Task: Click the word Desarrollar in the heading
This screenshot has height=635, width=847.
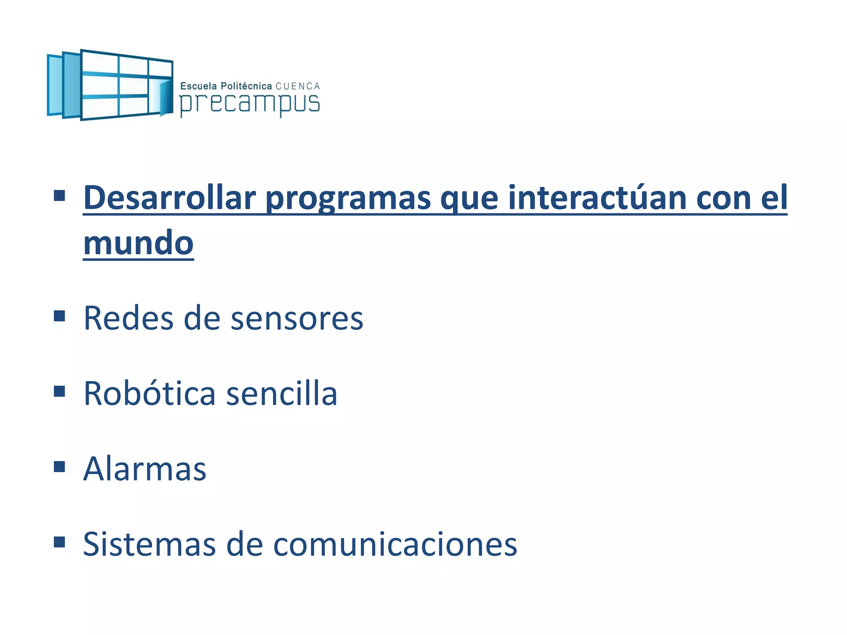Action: [x=170, y=198]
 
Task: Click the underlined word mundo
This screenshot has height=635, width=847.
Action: [x=138, y=244]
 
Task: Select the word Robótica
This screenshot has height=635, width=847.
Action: [x=149, y=394]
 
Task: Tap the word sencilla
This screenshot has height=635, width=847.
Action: [x=282, y=394]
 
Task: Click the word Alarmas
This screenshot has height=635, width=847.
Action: [x=145, y=469]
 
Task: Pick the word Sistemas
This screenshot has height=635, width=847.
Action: [x=149, y=544]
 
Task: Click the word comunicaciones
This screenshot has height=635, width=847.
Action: [x=395, y=544]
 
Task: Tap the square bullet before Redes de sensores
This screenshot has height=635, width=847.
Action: [x=60, y=316]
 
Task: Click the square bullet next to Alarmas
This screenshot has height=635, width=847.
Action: [x=60, y=467]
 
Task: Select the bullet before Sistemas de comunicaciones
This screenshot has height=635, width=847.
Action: [x=60, y=542]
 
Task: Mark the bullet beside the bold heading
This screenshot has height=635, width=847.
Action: [x=60, y=196]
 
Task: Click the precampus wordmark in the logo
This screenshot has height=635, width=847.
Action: [x=249, y=104]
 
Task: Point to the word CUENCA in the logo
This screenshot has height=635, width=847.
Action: [x=298, y=86]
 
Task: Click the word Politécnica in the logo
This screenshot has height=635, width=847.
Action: [x=246, y=86]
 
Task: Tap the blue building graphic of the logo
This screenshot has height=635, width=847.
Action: [x=110, y=85]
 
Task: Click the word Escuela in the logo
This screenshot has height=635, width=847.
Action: [x=199, y=86]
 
